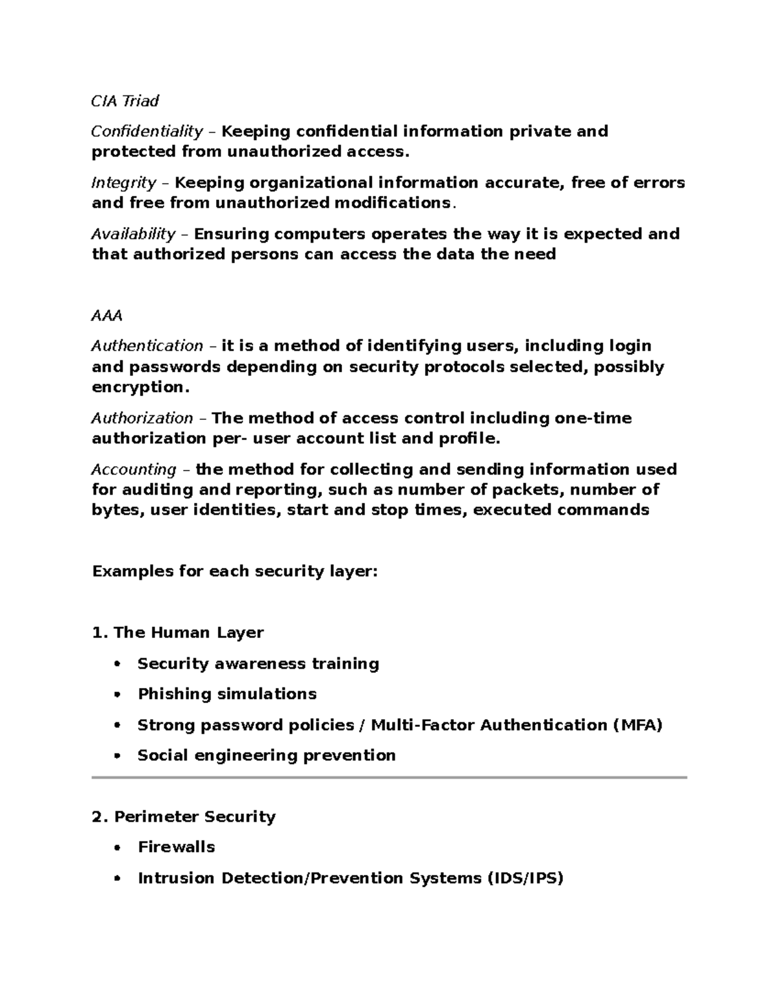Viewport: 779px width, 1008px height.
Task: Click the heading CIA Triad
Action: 125,101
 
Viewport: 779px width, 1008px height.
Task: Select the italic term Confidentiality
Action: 147,132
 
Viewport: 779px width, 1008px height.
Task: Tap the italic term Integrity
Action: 123,183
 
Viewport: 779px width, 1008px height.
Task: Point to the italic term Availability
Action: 133,234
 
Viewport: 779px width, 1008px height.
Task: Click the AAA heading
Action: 106,316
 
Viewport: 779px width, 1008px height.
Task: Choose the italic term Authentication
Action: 147,346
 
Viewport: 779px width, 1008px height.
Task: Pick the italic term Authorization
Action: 142,418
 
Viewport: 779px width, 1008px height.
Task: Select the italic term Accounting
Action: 133,469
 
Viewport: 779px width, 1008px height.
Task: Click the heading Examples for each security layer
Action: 234,571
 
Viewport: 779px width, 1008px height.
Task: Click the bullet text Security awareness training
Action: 258,664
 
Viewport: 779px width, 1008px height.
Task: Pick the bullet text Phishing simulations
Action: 227,695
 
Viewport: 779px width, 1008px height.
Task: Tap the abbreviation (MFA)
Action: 637,725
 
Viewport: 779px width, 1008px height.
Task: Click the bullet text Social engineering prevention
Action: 266,756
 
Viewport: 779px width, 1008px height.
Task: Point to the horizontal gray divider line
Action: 389,777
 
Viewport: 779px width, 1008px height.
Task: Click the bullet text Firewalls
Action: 176,847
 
